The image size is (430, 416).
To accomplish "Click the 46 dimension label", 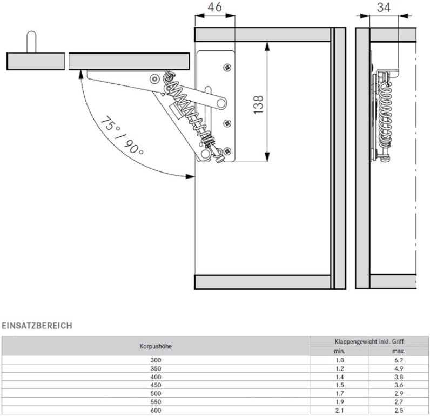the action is click(x=214, y=7).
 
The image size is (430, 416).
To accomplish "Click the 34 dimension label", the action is click(x=384, y=8).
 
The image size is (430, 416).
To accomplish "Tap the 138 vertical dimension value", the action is click(x=258, y=104).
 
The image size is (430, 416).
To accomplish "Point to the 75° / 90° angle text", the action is click(x=122, y=136).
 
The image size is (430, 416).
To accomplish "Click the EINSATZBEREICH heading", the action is click(x=37, y=326).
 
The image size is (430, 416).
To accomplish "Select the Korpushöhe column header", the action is click(x=156, y=346).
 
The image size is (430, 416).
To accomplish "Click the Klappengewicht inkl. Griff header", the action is click(x=369, y=341).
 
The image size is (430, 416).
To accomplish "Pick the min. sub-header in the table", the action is click(x=339, y=351).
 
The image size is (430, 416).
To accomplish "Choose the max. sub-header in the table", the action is click(x=399, y=351).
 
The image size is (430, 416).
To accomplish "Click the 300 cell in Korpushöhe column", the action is click(x=156, y=360).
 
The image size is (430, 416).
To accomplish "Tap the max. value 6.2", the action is click(x=399, y=360).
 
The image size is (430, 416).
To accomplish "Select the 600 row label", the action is click(x=156, y=410).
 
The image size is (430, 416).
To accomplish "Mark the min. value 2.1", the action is click(x=340, y=410).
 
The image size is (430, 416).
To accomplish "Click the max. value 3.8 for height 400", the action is click(x=399, y=377).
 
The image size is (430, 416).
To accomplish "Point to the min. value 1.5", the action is click(x=340, y=385).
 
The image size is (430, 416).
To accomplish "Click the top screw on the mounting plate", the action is click(x=227, y=67).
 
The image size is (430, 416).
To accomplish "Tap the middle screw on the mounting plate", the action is click(x=227, y=123).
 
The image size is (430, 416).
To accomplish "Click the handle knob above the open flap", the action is click(x=31, y=42).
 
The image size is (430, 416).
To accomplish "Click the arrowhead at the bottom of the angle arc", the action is click(x=190, y=176).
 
